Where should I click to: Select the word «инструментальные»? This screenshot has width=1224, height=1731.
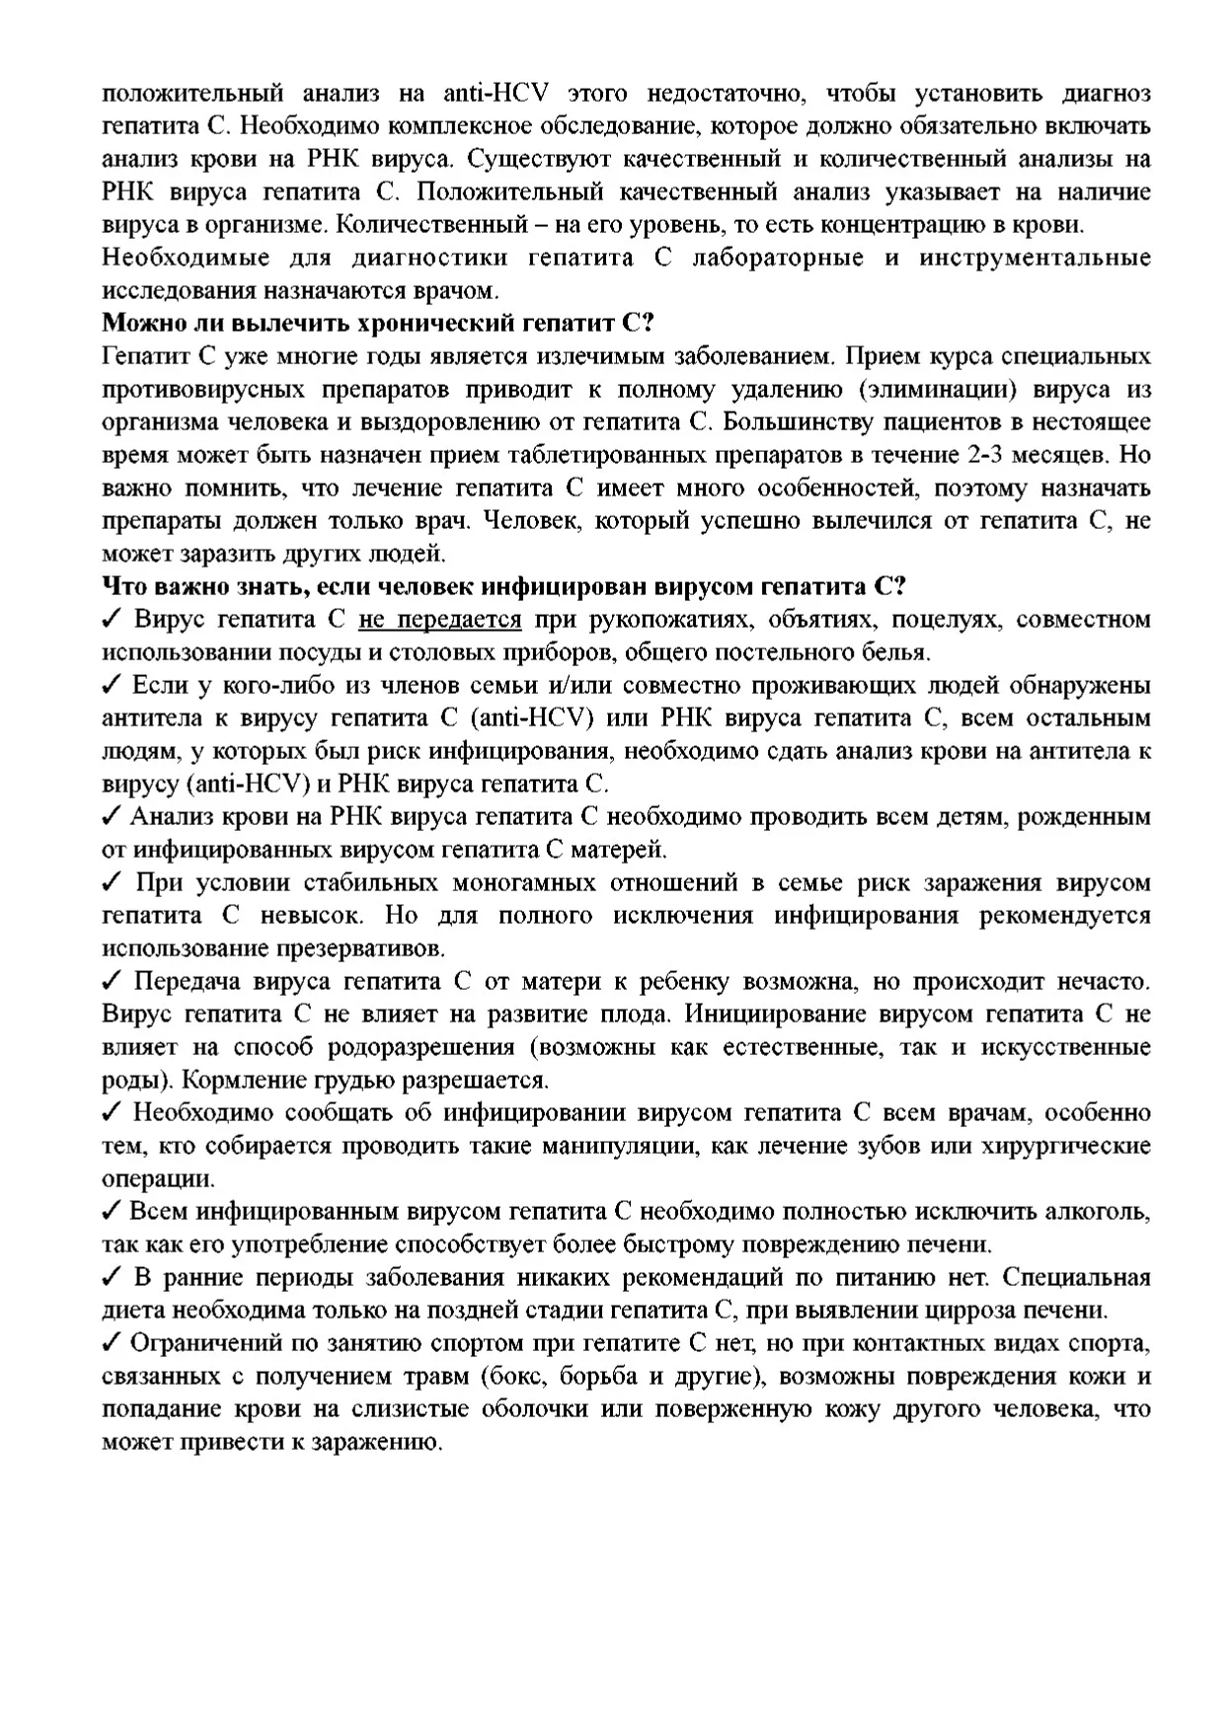click(1034, 259)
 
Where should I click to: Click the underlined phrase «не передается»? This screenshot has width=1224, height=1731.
click(440, 620)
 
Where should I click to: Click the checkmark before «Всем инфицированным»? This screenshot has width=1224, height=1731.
click(112, 1212)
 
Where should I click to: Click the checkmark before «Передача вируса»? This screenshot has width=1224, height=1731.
click(112, 982)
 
